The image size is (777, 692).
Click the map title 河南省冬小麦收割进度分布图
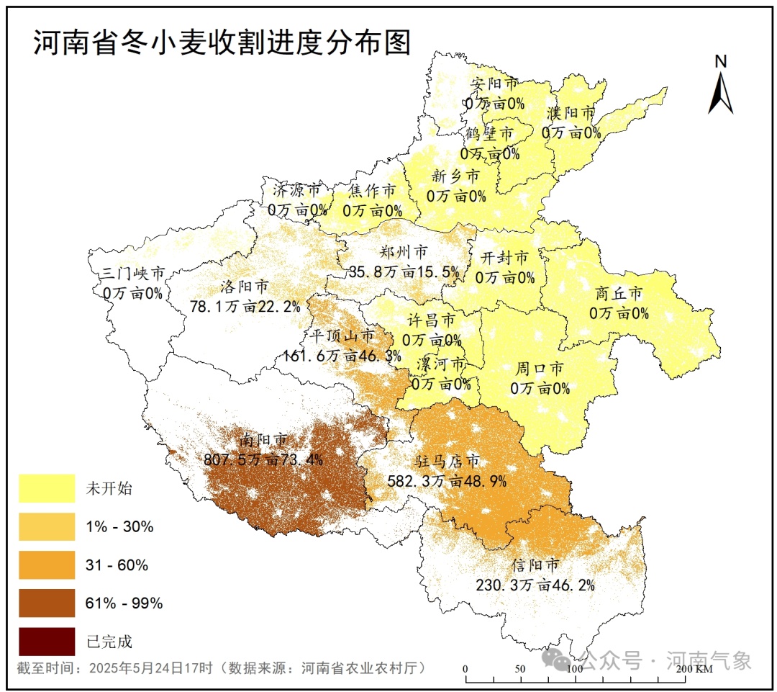(222, 43)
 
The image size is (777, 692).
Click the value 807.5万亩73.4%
(263, 459)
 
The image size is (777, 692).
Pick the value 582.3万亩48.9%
(447, 480)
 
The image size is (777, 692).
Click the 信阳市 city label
(535, 565)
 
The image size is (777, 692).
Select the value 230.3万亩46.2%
(535, 585)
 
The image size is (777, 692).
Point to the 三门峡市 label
(132, 274)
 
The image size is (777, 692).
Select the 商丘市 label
(619, 293)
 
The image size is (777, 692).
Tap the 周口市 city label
(540, 368)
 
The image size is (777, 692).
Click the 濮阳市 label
(571, 113)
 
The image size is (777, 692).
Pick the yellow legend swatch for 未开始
(47, 488)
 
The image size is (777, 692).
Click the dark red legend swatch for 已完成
(47, 641)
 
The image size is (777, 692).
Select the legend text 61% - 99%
(124, 603)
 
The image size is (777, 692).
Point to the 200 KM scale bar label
(695, 670)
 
